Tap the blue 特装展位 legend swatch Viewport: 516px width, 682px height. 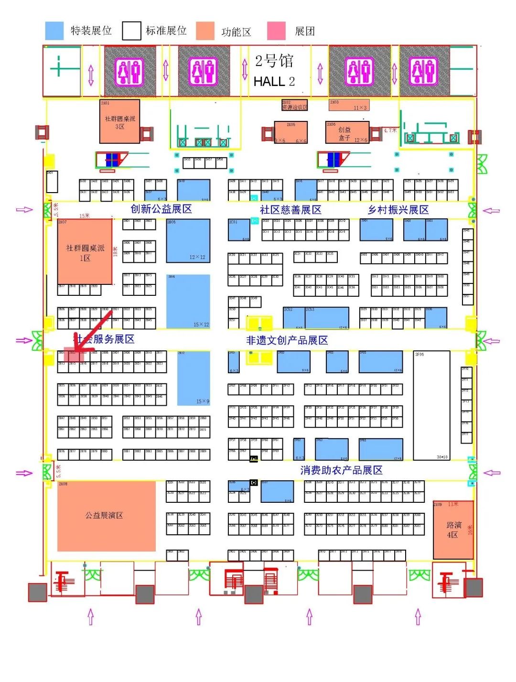[x=54, y=31]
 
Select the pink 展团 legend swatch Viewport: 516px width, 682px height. [x=276, y=31]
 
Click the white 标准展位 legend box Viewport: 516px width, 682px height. [x=131, y=31]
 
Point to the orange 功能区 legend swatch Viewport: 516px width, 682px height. [x=205, y=31]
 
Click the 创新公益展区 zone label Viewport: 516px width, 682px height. [x=161, y=209]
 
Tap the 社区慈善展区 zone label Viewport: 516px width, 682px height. [x=290, y=210]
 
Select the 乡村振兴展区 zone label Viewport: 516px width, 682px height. [x=398, y=210]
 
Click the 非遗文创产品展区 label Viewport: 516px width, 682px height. [x=287, y=340]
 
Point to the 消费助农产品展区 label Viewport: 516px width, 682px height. [x=341, y=470]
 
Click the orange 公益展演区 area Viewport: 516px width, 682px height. [x=106, y=516]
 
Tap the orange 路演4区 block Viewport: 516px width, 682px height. [x=453, y=530]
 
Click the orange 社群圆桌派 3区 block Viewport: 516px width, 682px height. [x=119, y=121]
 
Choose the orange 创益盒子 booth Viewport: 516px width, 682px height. [x=347, y=132]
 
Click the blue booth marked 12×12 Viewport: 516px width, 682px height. [x=188, y=240]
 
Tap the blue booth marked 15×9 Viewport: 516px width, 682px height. [x=193, y=378]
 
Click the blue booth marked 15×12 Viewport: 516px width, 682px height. [x=188, y=301]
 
